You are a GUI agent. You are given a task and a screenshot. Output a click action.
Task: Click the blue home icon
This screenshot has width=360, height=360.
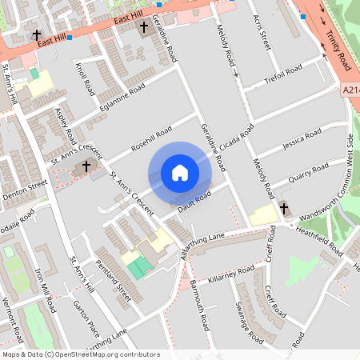tap(180, 173)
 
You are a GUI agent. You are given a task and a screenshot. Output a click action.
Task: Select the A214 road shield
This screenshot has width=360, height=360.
tap(350, 91)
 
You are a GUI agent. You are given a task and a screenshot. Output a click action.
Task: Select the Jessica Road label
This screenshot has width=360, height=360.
tap(302, 138)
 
